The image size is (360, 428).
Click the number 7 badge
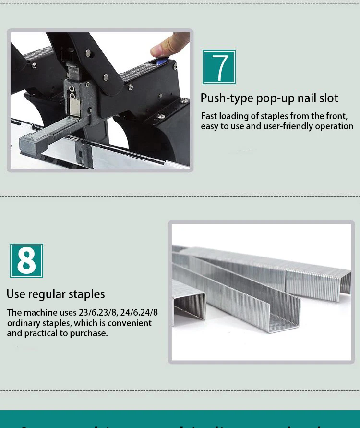tap(219, 67)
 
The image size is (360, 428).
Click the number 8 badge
tap(26, 260)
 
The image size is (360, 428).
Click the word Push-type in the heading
tap(227, 98)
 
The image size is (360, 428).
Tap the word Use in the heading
tap(16, 294)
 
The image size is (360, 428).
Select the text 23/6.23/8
tap(97, 313)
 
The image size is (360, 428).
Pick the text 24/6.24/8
tap(139, 313)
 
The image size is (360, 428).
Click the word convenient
tap(130, 323)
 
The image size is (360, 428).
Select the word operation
tap(334, 126)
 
